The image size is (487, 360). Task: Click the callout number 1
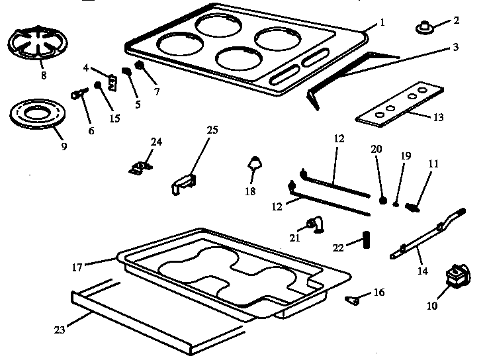click(x=382, y=23)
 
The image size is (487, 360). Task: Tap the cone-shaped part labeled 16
click(x=353, y=300)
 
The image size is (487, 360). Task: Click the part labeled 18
click(x=253, y=163)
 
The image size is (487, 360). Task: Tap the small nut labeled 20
click(x=382, y=199)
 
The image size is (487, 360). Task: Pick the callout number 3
click(x=456, y=48)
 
